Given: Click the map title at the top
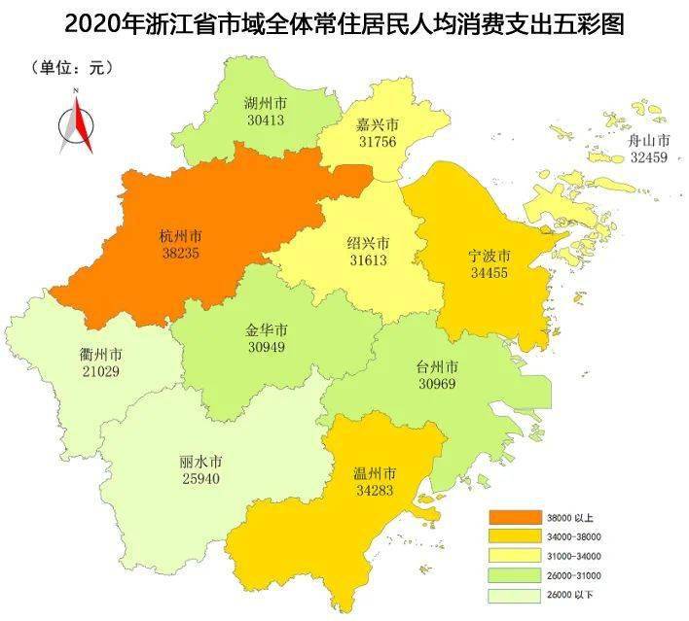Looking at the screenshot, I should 344,21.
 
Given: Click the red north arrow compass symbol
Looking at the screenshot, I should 77,122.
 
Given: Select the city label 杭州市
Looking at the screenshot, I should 181,234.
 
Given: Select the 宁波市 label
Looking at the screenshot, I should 490,257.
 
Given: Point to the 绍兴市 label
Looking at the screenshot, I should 368,243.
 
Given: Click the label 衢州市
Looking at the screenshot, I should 99,354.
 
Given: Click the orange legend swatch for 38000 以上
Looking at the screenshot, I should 514,517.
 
